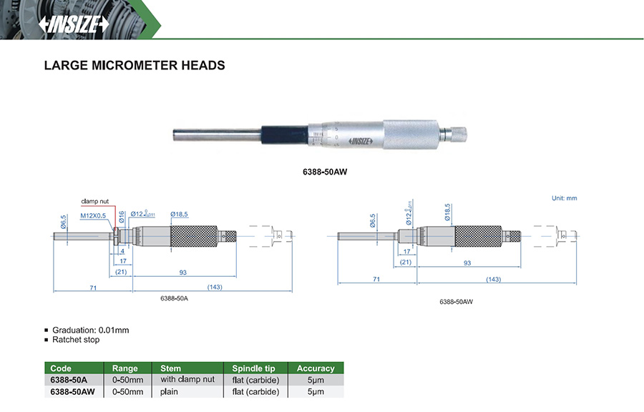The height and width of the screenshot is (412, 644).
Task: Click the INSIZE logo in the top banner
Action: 74,24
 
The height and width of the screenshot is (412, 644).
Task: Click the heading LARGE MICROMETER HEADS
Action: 135,65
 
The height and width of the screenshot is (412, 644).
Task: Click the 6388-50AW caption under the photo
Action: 326,172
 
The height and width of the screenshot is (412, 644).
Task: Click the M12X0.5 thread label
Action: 93,215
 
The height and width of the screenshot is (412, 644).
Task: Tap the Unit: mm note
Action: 564,198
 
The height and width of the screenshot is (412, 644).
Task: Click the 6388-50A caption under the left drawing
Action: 173,298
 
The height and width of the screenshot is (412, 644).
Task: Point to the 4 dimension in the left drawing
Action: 122,251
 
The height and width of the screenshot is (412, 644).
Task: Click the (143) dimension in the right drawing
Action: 493,279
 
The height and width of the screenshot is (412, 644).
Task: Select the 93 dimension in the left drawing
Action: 183,272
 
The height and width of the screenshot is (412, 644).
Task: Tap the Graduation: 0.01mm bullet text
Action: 90,330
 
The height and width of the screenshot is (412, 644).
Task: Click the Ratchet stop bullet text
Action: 76,340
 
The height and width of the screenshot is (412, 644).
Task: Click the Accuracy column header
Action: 316,368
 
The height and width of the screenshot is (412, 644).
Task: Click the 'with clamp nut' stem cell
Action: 187,380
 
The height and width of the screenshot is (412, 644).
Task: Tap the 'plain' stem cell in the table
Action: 169,392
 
